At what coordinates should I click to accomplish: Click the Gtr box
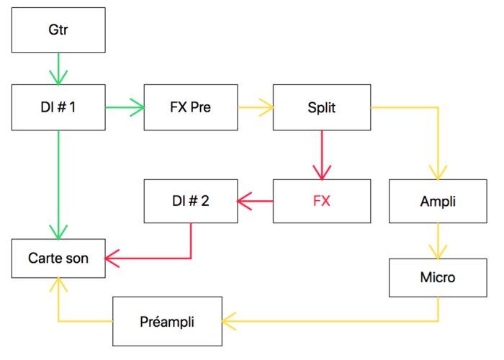pyautogui.click(x=58, y=30)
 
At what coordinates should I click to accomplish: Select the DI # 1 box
pyautogui.click(x=58, y=107)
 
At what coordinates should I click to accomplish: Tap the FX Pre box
pyautogui.click(x=191, y=107)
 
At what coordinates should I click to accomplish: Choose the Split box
pyautogui.click(x=321, y=107)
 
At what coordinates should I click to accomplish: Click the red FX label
pyautogui.click(x=321, y=201)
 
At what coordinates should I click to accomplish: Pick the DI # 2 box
pyautogui.click(x=191, y=201)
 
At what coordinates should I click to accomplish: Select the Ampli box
pyautogui.click(x=438, y=201)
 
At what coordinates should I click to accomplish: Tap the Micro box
pyautogui.click(x=438, y=277)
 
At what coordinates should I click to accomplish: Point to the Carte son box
pyautogui.click(x=58, y=257)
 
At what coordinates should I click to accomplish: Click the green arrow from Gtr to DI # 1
pyautogui.click(x=58, y=68)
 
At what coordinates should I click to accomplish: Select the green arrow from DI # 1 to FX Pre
pyautogui.click(x=125, y=107)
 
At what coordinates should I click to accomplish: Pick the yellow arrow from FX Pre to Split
pyautogui.click(x=256, y=107)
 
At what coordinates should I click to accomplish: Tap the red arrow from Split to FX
pyautogui.click(x=321, y=154)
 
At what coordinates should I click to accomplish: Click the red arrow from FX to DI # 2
pyautogui.click(x=256, y=201)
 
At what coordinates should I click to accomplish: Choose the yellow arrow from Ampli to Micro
pyautogui.click(x=438, y=240)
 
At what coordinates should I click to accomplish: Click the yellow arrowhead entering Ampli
pyautogui.click(x=438, y=173)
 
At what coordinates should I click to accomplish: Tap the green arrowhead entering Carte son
pyautogui.click(x=58, y=230)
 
